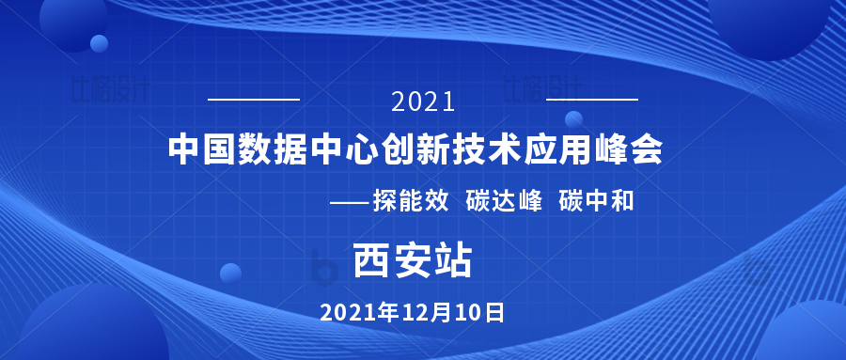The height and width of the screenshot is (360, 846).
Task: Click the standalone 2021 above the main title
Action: point(423,102)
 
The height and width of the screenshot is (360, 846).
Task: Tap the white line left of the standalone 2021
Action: point(254,100)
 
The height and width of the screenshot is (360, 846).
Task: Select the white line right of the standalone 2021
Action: point(592,100)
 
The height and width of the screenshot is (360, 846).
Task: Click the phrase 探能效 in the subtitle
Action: point(411,202)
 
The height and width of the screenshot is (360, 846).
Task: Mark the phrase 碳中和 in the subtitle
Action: point(596,202)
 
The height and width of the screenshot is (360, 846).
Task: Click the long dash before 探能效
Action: point(351,203)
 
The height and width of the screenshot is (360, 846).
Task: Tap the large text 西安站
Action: point(413,260)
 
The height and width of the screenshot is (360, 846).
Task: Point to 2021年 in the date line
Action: point(360,312)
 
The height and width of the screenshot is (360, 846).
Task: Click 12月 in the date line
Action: point(426,312)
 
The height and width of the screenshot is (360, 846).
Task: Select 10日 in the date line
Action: point(478,312)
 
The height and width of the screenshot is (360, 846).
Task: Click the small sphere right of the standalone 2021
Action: point(573,119)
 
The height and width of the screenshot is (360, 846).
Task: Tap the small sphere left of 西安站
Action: point(230,274)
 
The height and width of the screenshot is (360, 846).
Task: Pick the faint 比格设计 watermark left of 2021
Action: point(110,89)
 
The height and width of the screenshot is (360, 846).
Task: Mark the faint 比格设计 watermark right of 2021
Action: point(541,88)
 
